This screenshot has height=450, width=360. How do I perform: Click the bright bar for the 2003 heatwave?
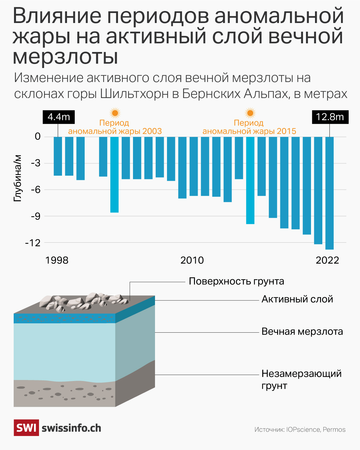[114, 174]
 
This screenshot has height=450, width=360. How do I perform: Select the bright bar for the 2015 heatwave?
[250, 180]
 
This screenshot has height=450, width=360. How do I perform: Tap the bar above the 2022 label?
[329, 193]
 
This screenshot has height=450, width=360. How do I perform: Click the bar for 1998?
[58, 156]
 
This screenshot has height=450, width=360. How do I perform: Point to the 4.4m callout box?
[59, 117]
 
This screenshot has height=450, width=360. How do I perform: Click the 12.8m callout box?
[330, 117]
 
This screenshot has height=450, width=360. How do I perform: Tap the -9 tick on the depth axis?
[35, 216]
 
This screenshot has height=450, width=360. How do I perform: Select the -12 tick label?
[33, 243]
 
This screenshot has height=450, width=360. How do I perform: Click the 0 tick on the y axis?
[38, 136]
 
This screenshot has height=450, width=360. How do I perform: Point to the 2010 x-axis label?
[192, 260]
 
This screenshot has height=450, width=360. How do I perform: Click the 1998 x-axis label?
[57, 260]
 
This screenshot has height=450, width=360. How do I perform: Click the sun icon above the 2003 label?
[115, 113]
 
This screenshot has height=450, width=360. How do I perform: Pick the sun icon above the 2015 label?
[250, 113]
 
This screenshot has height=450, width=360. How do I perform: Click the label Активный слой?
[297, 299]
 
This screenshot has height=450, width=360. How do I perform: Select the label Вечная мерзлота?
[302, 332]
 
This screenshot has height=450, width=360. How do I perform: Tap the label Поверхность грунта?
[236, 281]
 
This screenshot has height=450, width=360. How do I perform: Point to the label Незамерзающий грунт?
[301, 379]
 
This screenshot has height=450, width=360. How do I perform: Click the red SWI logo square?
[26, 428]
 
